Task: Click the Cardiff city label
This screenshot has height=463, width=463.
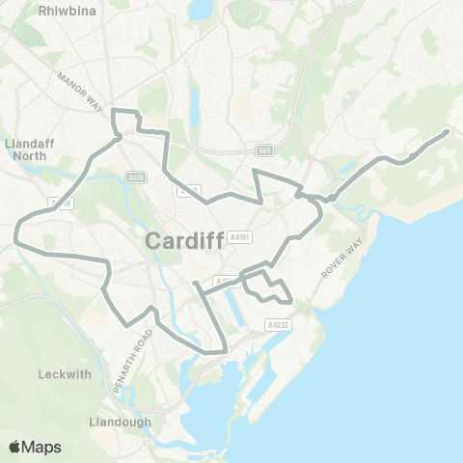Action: pyautogui.click(x=184, y=241)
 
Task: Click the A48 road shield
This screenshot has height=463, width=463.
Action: pyautogui.click(x=264, y=150)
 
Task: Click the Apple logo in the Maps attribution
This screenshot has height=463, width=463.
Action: pyautogui.click(x=15, y=446)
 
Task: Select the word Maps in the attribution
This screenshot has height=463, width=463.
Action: pyautogui.click(x=43, y=446)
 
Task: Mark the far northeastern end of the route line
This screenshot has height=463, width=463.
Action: pyautogui.click(x=448, y=131)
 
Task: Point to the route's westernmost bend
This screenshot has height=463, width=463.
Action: pyautogui.click(x=15, y=231)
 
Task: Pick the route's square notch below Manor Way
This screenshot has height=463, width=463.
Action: pyautogui.click(x=126, y=121)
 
